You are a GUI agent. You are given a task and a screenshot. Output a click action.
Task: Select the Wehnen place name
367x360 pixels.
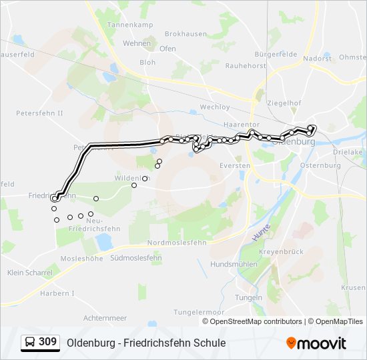pos(136,43)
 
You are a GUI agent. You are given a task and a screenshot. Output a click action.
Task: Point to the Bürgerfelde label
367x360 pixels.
pos(276,54)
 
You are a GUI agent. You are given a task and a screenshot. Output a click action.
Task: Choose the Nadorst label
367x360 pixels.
pos(317,58)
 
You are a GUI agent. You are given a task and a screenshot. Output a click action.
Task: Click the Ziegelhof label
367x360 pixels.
pos(283,103)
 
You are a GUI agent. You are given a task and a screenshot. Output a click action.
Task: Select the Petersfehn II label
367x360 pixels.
pos(39,113)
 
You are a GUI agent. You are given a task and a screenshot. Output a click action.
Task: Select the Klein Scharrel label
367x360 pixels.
pos(29,273)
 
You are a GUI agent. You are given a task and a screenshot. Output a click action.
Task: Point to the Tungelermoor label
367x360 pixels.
pos(198,311)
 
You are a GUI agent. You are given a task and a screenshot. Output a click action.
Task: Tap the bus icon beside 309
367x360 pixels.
pos(30,342)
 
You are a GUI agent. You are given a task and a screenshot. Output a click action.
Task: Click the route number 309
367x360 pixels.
pos(47,342)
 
